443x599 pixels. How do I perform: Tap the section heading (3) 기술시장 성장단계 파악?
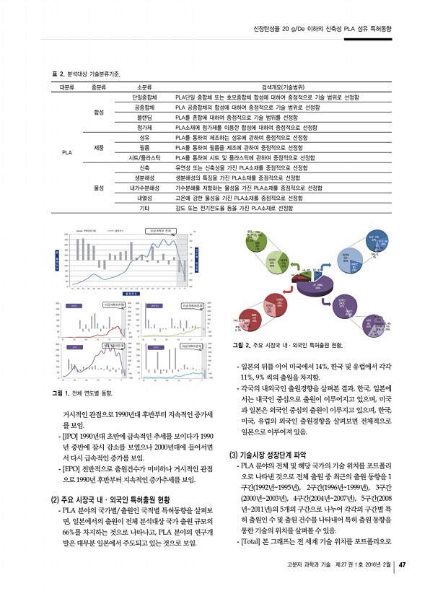pos(268,455)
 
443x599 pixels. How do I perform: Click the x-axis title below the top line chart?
pos(130,293)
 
